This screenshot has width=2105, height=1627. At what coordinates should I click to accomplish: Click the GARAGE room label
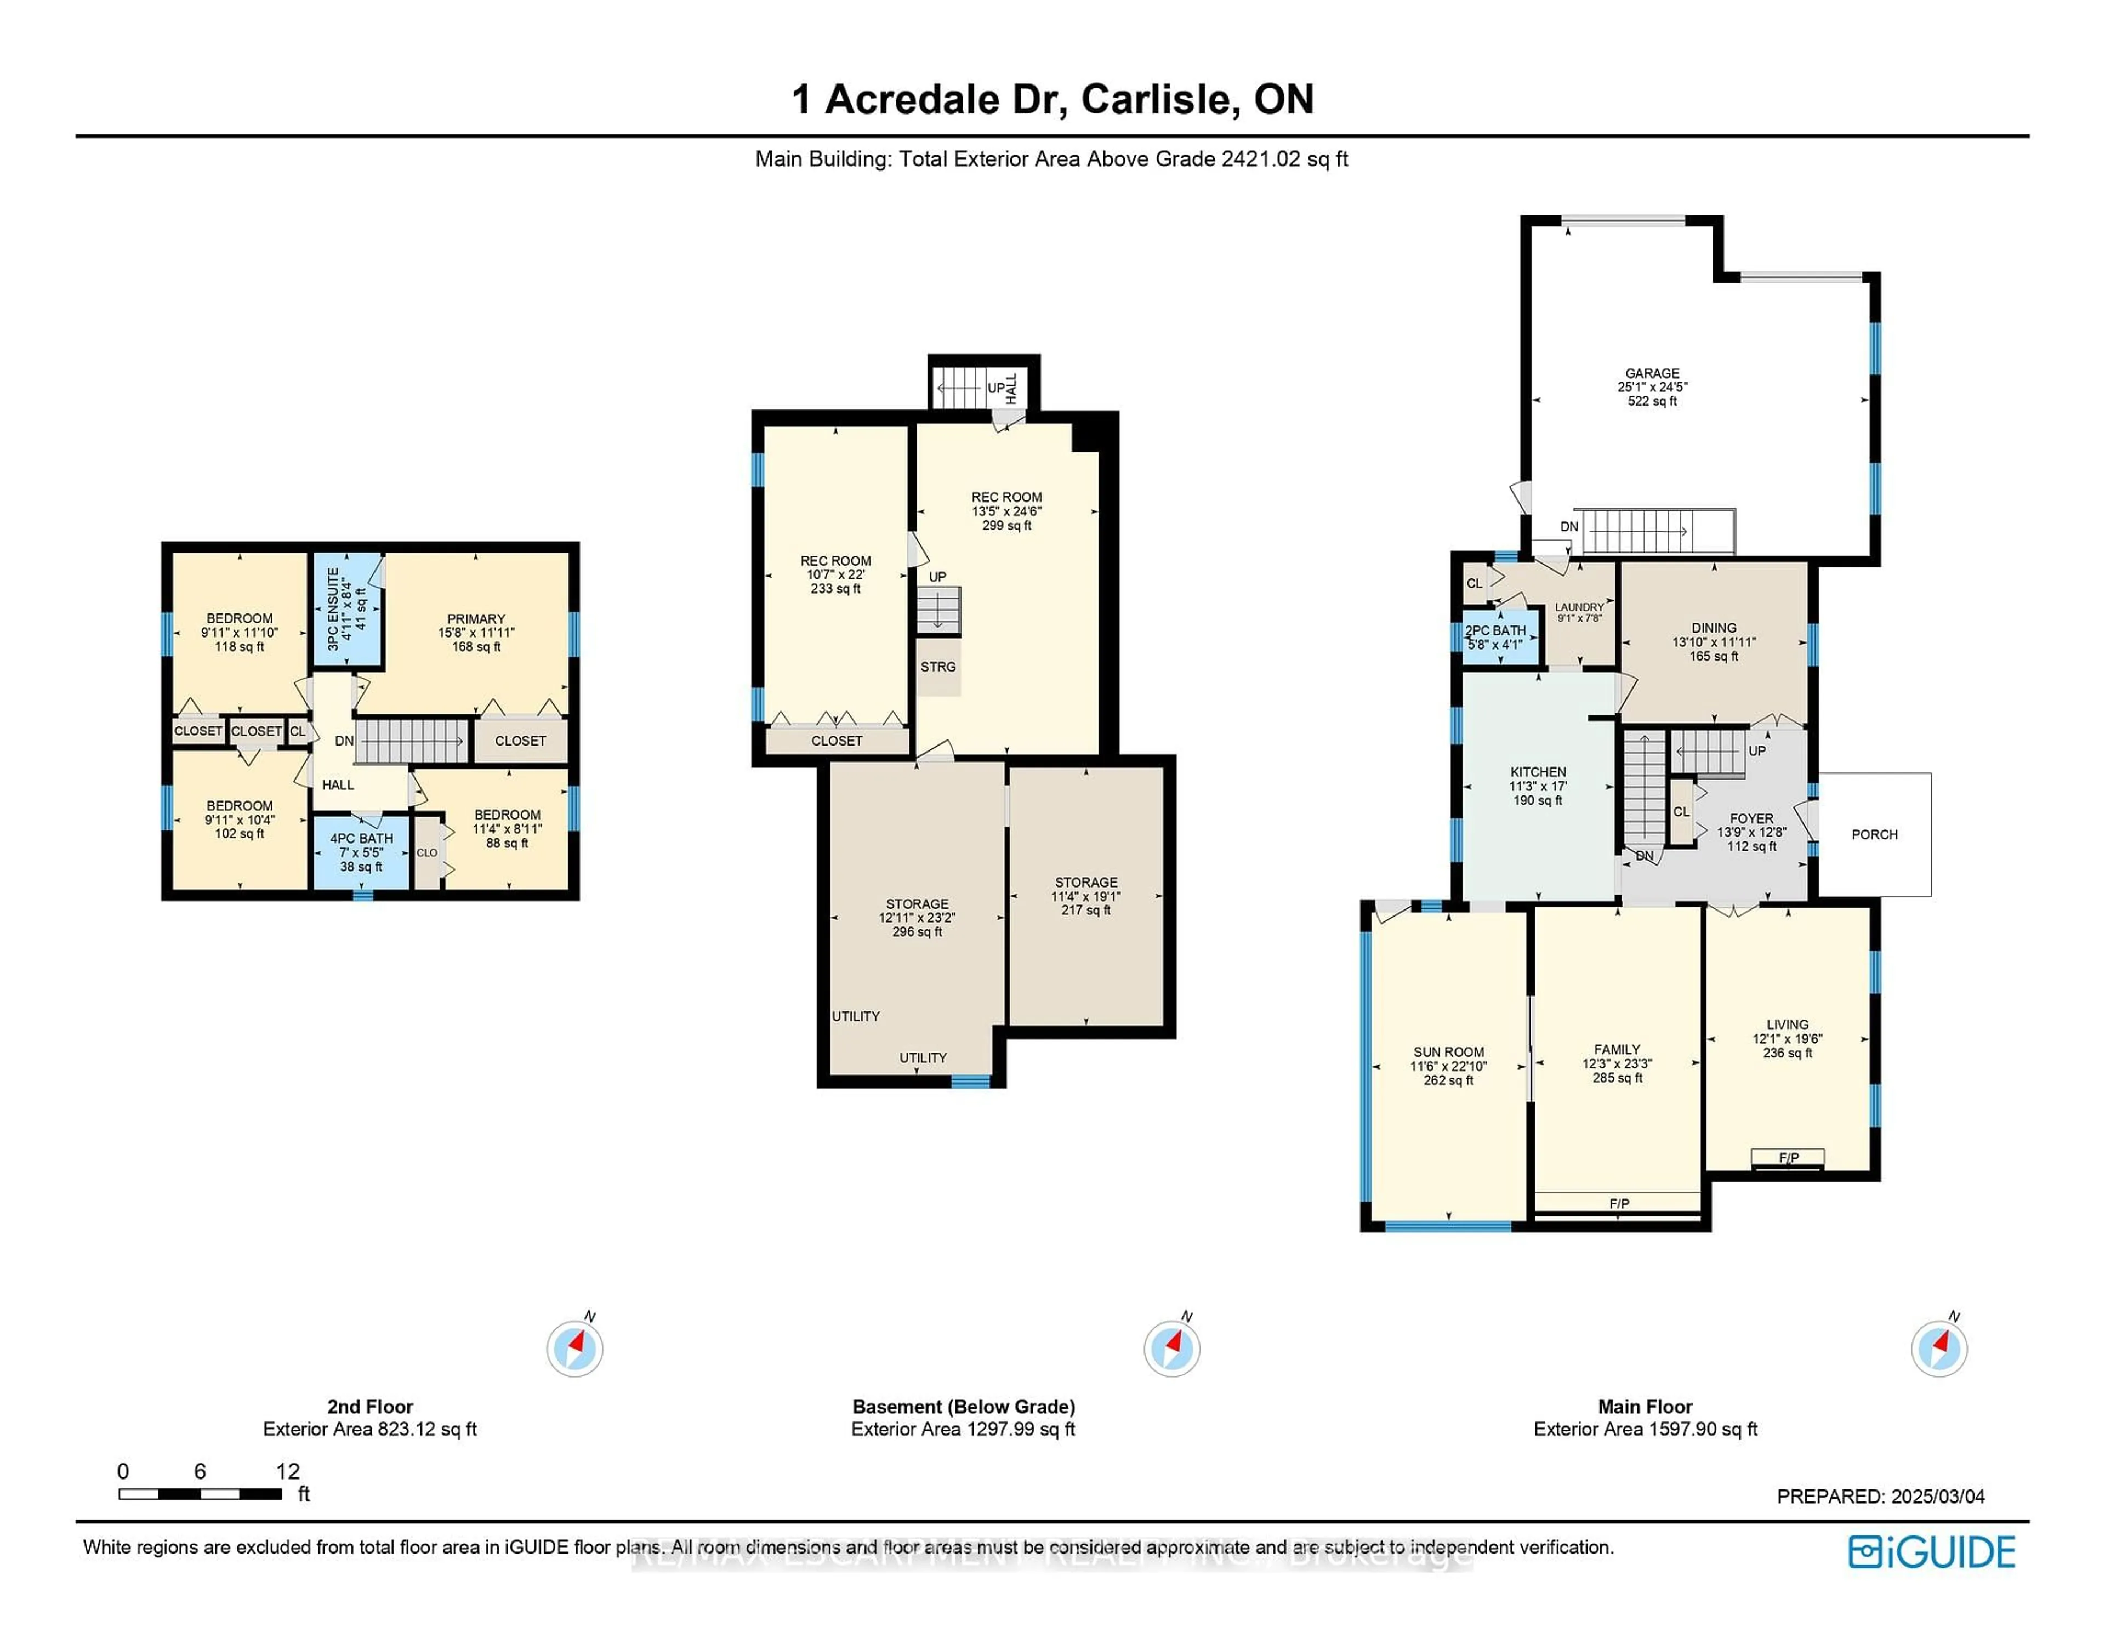[1652, 373]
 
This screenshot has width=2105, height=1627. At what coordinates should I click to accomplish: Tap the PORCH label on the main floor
[1874, 835]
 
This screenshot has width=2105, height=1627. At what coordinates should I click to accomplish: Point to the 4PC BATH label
[361, 839]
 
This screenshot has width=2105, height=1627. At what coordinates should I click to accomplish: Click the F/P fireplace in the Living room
[1788, 1158]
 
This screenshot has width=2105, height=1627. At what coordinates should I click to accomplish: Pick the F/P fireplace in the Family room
[1618, 1204]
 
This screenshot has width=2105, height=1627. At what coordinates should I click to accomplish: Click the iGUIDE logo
[1932, 1552]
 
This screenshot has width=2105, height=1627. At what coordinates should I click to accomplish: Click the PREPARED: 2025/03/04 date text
[1880, 1497]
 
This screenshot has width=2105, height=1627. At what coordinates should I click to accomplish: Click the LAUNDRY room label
[1579, 607]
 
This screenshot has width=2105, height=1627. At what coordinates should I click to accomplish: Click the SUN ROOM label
[1449, 1053]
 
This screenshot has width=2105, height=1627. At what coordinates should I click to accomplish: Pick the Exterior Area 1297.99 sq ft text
[963, 1430]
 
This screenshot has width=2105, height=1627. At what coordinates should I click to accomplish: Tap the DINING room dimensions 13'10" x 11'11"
[1714, 642]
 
